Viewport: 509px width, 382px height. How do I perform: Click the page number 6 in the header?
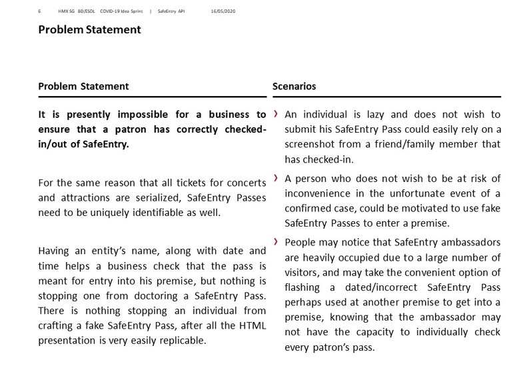[40, 11]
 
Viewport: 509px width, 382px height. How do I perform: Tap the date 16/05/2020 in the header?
[223, 11]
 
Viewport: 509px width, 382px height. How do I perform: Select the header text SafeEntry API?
[171, 11]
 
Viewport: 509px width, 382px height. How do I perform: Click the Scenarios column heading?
[294, 87]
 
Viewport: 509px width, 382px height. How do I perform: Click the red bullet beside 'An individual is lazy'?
[276, 113]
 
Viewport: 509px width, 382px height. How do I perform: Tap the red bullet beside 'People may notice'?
[276, 241]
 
